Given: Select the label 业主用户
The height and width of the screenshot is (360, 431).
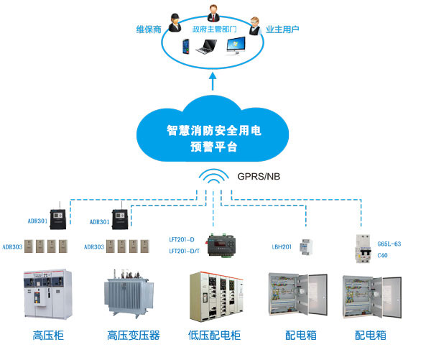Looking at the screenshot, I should point(282,29).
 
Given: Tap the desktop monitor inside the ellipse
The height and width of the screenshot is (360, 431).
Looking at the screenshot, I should point(238,46).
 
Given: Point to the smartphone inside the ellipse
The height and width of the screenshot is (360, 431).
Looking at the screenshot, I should point(182,48).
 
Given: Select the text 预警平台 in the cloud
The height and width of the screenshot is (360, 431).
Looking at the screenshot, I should point(213,147).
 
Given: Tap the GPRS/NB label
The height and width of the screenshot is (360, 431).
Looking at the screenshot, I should point(261,175).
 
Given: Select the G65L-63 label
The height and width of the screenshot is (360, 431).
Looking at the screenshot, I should point(389,244).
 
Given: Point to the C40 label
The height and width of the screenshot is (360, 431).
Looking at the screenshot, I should point(383,255).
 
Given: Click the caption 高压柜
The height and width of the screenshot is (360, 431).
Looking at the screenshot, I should point(48,335).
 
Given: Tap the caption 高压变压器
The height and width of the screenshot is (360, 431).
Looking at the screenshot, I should point(133,335).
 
